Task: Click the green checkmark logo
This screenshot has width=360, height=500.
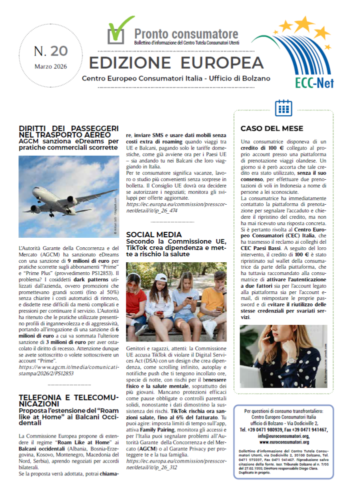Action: (x=119, y=31)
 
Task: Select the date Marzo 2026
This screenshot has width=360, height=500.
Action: (x=50, y=67)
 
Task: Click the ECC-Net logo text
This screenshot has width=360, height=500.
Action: (x=314, y=82)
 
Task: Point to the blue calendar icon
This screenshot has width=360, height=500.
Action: (x=283, y=107)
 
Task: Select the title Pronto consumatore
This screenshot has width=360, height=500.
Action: (x=186, y=34)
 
